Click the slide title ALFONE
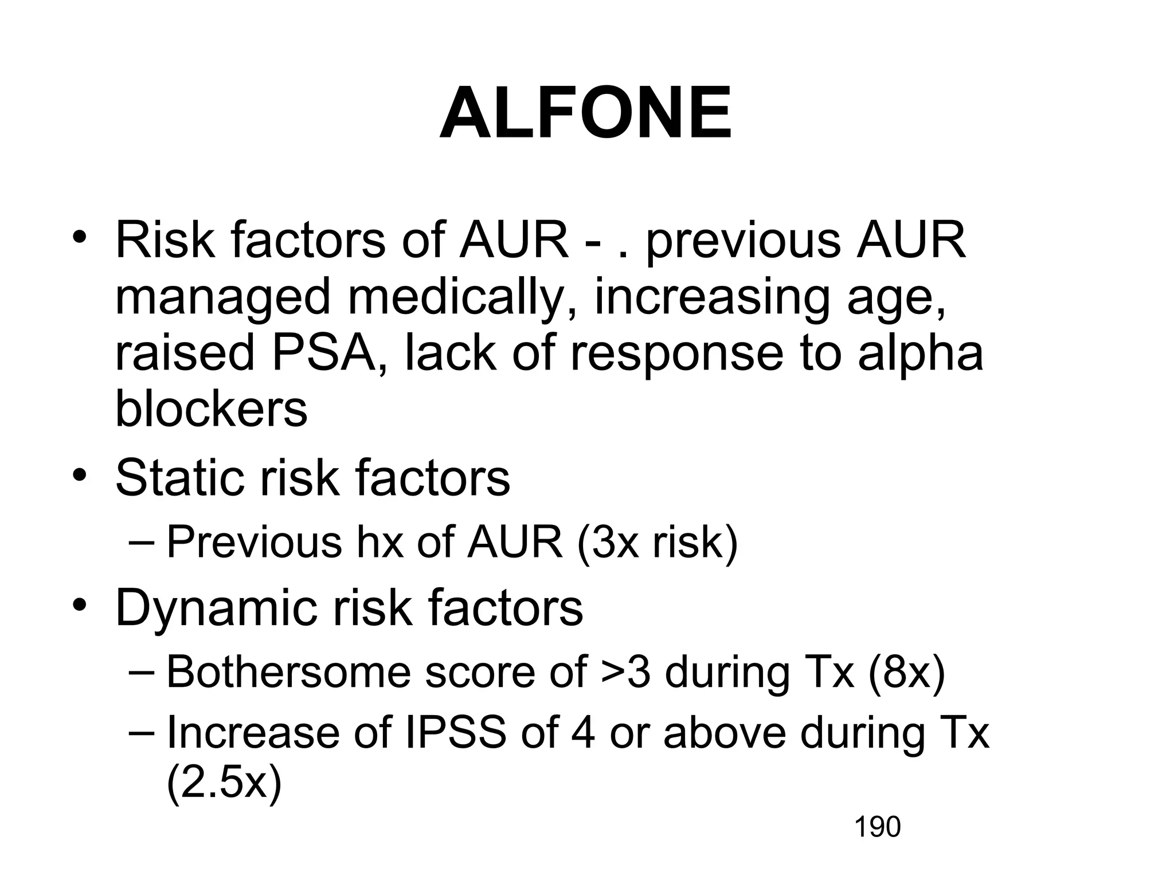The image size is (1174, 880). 586,113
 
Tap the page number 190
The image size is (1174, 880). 878,827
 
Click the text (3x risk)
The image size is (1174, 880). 658,542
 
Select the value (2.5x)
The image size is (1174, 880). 224,782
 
